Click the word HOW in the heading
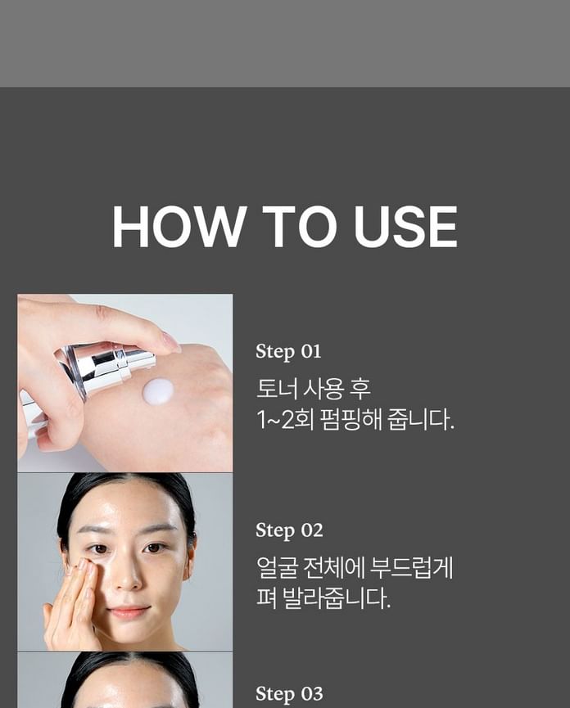tap(178, 226)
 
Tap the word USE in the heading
tap(405, 226)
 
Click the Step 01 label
tap(288, 351)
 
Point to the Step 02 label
tap(289, 530)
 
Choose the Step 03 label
tap(289, 693)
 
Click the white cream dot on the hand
tap(157, 391)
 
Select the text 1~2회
tap(284, 420)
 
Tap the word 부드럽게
tap(411, 567)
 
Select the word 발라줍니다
tap(337, 598)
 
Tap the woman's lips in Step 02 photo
tap(129, 611)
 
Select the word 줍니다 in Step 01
tap(421, 420)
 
